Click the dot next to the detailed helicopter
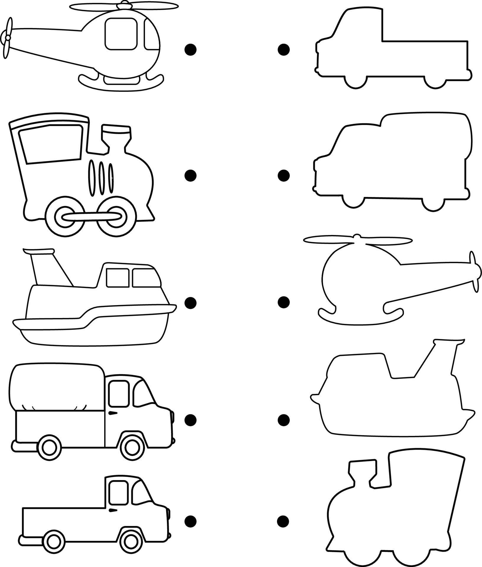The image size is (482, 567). click(190, 50)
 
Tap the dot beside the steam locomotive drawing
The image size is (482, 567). click(190, 175)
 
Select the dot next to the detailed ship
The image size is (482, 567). click(190, 302)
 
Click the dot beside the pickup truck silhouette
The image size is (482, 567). click(284, 50)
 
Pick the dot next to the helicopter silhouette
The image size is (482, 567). click(284, 302)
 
